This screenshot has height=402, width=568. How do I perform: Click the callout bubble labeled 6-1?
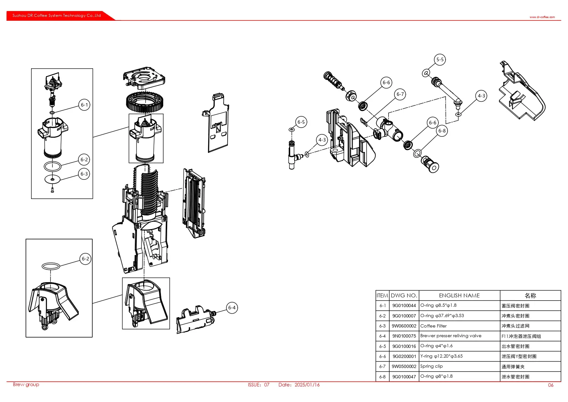[84, 105]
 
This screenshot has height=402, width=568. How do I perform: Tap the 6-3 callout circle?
[84, 174]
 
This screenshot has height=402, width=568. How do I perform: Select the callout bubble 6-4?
[232, 308]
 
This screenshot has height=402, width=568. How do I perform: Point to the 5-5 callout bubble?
[440, 60]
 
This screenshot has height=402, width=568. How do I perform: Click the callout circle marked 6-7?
[400, 94]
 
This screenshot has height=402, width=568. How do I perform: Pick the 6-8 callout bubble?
[442, 131]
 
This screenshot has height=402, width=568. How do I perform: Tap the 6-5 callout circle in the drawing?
[301, 122]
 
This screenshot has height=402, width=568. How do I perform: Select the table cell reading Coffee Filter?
[433, 326]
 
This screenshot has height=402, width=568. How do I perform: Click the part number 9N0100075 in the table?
[404, 336]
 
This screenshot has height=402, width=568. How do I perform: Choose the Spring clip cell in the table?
[431, 366]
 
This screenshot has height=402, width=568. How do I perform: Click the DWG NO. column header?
[404, 295]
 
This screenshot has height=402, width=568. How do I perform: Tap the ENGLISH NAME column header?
[459, 295]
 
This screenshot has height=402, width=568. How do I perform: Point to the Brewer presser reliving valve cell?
[450, 336]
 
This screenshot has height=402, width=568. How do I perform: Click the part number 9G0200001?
[404, 356]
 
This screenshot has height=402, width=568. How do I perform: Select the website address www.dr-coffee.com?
[542, 17]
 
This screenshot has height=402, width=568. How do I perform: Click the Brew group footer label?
[26, 385]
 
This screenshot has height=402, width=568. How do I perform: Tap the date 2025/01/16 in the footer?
[307, 385]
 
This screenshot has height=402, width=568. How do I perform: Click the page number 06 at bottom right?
[551, 385]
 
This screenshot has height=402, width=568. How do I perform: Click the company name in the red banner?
[57, 16]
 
